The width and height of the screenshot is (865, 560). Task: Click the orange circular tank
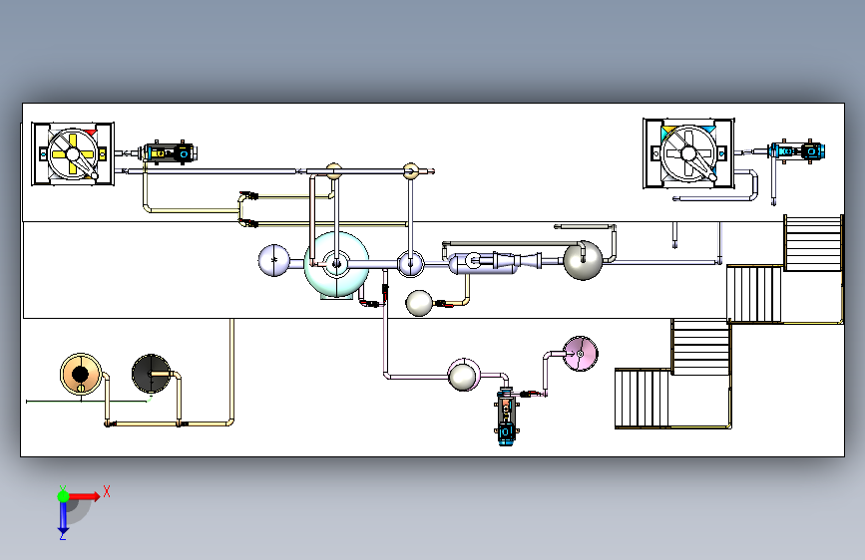coord(81,374)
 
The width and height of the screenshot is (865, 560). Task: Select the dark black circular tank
coord(151,374)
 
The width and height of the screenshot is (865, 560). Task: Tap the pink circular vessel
coord(581,354)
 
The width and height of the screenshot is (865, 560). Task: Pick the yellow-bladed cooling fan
coord(73,153)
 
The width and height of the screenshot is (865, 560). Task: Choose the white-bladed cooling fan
coord(688,153)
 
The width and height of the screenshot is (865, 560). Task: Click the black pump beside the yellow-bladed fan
coord(169,152)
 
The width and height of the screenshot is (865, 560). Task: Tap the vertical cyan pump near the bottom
coord(505,417)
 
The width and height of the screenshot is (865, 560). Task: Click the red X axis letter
coord(107,491)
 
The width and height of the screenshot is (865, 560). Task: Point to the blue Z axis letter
coord(63,535)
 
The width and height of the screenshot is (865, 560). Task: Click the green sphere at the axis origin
coord(64,496)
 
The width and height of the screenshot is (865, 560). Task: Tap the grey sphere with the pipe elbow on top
coord(583,260)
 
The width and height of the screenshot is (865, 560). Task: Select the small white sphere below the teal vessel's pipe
coord(419,303)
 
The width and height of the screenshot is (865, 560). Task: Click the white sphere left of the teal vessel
coord(273,260)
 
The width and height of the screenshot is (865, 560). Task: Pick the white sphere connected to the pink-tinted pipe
coord(462,376)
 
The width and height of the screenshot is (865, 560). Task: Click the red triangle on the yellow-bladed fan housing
coord(91,133)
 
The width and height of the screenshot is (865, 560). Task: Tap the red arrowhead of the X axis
coord(96,496)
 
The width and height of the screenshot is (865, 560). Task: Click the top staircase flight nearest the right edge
coord(813,243)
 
